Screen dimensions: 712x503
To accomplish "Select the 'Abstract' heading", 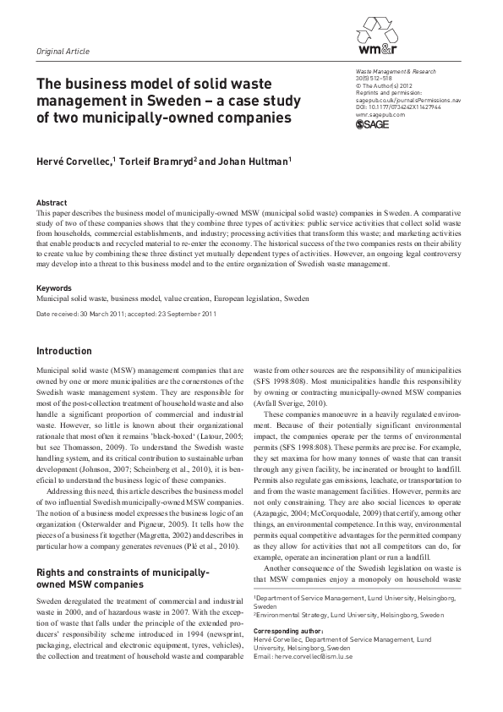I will pos(52,204).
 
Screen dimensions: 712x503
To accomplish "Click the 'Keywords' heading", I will pos(55,288).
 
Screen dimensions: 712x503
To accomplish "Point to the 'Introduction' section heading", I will pos(64,351).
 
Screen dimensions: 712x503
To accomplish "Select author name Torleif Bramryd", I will pos(167,162).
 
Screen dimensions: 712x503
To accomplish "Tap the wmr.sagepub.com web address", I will pos(381,115).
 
